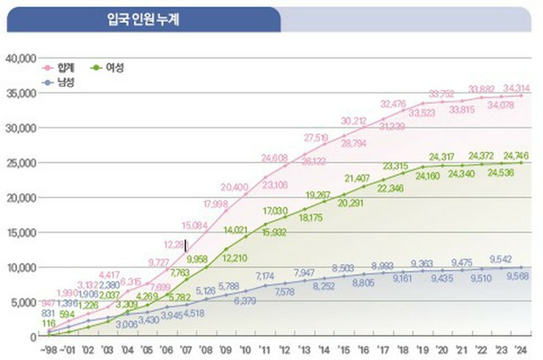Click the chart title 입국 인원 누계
[x=142, y=19]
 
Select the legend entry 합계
[x=66, y=67]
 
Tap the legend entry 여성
[x=113, y=67]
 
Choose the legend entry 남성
[x=66, y=82]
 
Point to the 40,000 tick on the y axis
[x=19, y=59]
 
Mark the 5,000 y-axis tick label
[x=21, y=302]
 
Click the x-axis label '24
[x=521, y=348]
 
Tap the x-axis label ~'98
[x=48, y=348]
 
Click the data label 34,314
[x=516, y=88]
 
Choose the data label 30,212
[x=354, y=121]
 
